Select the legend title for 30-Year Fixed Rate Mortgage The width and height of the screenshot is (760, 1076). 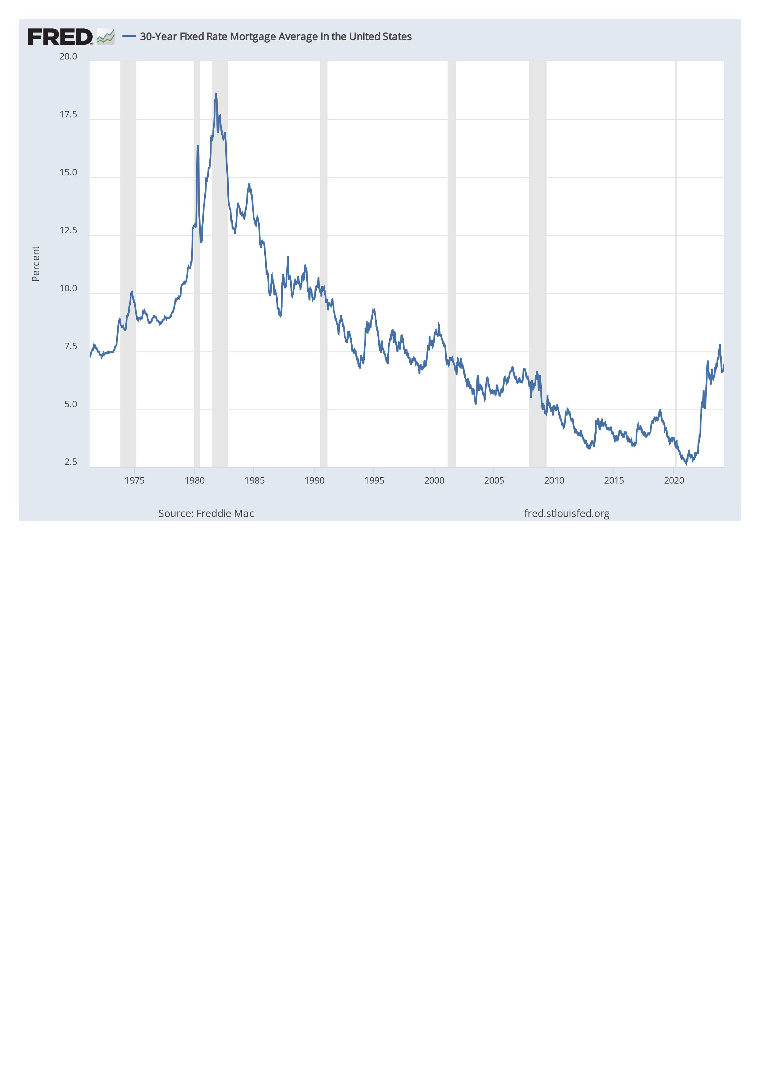tap(276, 36)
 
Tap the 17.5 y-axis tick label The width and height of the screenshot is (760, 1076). tap(68, 115)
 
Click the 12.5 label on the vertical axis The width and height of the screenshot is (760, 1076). tap(68, 231)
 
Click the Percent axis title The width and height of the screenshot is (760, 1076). tap(36, 263)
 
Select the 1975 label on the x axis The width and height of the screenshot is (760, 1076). tap(135, 481)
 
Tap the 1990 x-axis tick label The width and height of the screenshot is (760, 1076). tap(315, 481)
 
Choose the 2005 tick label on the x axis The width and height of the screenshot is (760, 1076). tap(494, 481)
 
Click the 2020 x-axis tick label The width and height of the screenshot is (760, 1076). tap(674, 481)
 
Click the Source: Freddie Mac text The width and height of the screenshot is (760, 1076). tap(206, 514)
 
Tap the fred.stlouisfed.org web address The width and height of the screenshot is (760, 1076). tap(567, 514)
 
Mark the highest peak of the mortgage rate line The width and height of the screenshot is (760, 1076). tap(216, 94)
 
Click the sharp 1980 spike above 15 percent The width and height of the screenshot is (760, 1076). tap(198, 146)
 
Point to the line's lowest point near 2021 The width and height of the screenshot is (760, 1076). tap(686, 464)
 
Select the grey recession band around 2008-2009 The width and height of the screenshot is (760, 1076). tap(537, 262)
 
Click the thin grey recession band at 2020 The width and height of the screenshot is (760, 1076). tap(676, 262)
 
